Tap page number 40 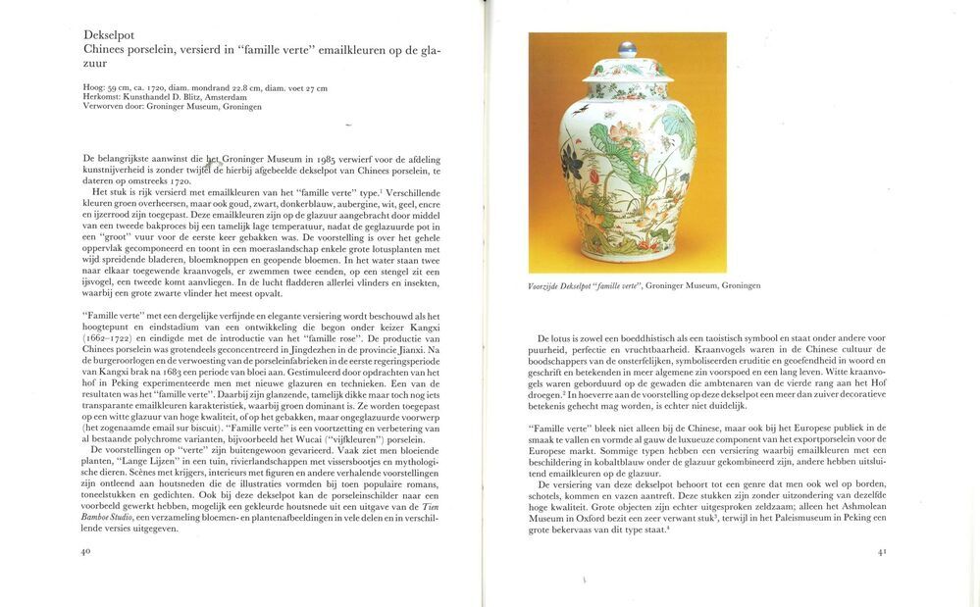86,551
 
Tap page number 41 882,551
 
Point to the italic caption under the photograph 645,285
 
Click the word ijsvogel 100,282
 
